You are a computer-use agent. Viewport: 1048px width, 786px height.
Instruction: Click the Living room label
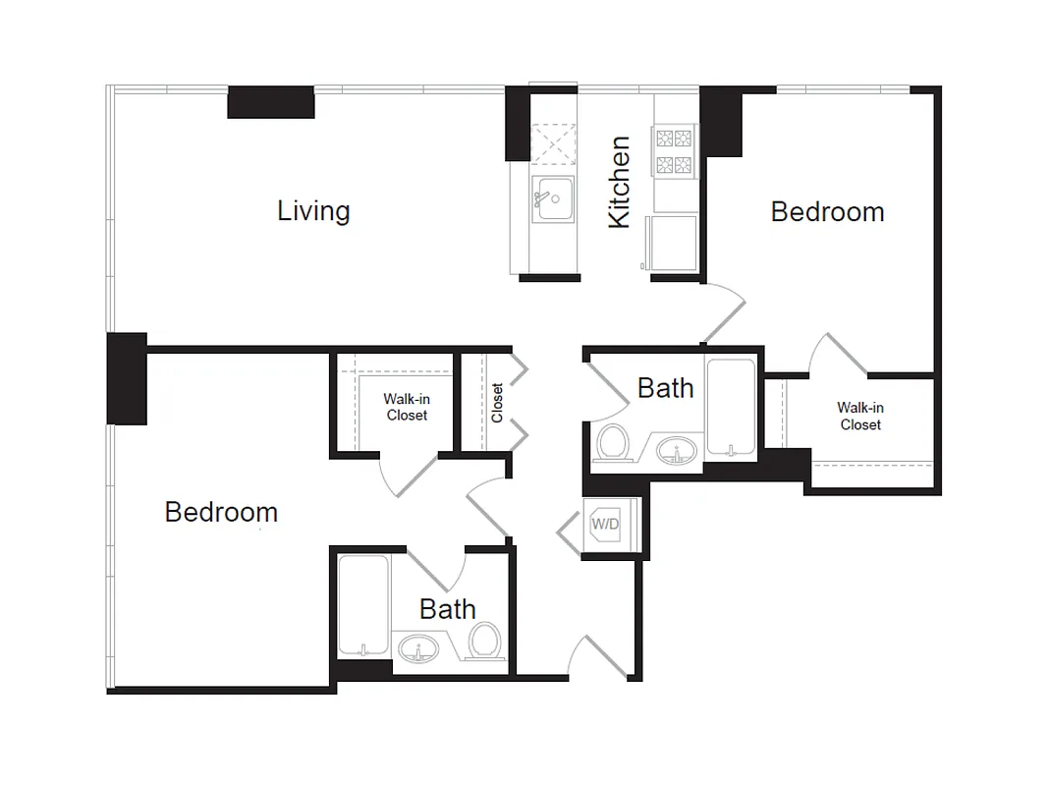[x=313, y=211]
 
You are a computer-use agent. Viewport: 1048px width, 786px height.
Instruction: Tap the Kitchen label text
[x=619, y=183]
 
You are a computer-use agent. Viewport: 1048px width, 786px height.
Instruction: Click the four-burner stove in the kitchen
[x=674, y=150]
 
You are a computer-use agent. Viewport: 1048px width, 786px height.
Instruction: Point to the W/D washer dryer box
[x=604, y=525]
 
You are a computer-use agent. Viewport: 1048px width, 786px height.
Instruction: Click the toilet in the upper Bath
[x=613, y=441]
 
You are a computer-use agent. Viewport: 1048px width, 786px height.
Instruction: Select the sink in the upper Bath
[x=676, y=452]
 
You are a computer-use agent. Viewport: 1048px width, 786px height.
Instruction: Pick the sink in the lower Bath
[x=420, y=649]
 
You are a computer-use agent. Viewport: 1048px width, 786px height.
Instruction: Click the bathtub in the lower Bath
[x=362, y=606]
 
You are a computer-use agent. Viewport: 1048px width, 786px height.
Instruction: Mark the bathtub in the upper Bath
[x=731, y=408]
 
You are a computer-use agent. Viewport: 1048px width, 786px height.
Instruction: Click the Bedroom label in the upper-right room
[x=827, y=212]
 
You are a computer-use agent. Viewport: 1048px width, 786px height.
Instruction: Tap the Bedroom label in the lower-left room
[x=221, y=512]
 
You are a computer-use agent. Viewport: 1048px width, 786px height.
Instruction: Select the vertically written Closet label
[x=497, y=403]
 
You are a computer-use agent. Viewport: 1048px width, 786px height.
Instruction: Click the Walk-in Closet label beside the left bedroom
[x=406, y=408]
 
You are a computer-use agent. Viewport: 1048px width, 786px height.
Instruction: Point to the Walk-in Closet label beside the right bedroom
[x=859, y=417]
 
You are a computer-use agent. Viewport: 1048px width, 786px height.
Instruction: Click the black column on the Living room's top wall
[x=270, y=102]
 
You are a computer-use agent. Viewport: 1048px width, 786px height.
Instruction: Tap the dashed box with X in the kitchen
[x=552, y=144]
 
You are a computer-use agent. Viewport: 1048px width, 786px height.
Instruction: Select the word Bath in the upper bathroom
[x=665, y=388]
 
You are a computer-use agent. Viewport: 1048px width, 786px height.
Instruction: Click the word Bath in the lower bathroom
[x=447, y=609]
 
